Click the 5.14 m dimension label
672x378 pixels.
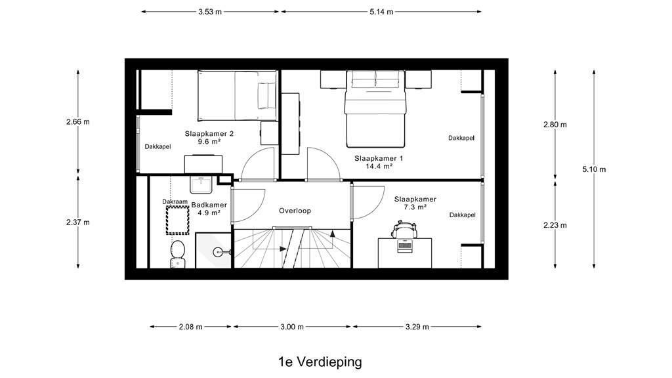click(381, 12)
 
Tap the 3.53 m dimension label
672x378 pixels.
click(210, 12)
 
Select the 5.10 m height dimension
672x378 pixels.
click(594, 169)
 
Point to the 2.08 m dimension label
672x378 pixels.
click(191, 327)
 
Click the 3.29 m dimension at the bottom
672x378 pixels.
click(417, 327)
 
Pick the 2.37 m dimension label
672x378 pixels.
click(78, 222)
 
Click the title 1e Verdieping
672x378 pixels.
click(320, 362)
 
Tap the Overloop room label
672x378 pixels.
click(295, 211)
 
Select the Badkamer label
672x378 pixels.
click(209, 205)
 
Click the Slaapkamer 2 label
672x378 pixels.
click(209, 134)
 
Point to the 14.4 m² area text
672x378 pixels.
click(379, 166)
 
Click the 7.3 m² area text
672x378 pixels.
click(415, 207)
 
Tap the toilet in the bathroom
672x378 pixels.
click(177, 254)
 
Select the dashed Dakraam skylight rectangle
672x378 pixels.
click(178, 220)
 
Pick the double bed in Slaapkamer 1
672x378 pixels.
click(375, 109)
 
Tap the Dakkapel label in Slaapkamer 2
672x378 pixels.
click(157, 146)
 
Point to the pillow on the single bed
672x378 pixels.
click(263, 96)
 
